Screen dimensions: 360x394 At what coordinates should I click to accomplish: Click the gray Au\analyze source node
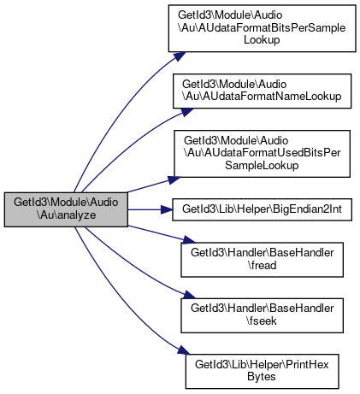coord(66,209)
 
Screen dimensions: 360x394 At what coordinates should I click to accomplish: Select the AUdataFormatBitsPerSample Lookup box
coord(262,28)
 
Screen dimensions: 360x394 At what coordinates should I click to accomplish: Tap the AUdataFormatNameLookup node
coord(262,91)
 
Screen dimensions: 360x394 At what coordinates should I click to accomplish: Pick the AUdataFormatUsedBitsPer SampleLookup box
coord(262,154)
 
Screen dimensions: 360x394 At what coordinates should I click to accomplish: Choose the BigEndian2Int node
coord(262,209)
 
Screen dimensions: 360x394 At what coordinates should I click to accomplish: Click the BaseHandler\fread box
coord(262,260)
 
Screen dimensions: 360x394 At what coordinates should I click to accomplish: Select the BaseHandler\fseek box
coord(262,315)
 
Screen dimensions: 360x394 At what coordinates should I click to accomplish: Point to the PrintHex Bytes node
coord(262,371)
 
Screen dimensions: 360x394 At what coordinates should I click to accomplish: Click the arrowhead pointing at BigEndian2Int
coord(167,209)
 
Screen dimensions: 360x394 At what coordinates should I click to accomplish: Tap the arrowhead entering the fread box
coord(189,240)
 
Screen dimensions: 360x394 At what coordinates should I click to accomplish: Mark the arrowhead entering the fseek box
coord(189,295)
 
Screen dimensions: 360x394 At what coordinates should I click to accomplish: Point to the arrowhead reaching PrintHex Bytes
coord(183,350)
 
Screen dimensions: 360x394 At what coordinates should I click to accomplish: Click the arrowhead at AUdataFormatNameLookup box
coord(186,112)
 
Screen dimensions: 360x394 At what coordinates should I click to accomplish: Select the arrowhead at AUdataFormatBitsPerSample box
coord(180,56)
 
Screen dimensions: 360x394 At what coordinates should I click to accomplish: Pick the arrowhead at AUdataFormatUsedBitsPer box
coord(174,179)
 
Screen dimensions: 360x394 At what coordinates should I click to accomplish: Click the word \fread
coord(262,266)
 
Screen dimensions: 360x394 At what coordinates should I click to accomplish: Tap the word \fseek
coord(262,321)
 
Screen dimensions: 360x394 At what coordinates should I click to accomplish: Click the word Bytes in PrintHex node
coord(262,377)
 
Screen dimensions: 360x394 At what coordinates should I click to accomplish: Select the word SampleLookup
coord(262,166)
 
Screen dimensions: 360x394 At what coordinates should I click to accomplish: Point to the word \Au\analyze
coord(66,215)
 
